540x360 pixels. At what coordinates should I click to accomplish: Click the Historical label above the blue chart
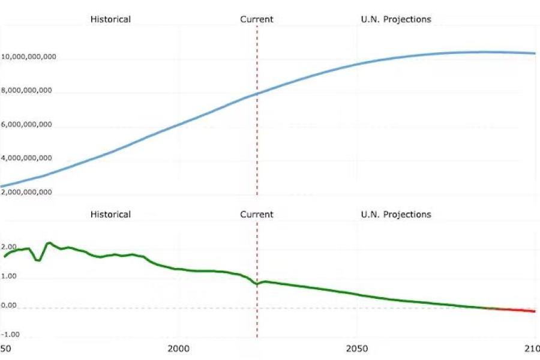point(110,19)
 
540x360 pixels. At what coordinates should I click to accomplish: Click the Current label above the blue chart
point(257,19)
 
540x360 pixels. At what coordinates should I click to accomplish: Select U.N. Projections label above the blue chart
point(396,19)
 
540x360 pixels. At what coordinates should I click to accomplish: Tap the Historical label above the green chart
point(110,214)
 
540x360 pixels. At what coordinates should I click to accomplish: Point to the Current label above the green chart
point(257,214)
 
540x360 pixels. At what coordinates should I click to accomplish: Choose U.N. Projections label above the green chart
point(396,214)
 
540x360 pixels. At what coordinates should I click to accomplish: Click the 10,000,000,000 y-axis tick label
point(29,57)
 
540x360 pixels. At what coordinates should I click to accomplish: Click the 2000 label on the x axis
point(178,349)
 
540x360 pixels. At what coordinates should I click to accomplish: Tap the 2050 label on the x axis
point(357,349)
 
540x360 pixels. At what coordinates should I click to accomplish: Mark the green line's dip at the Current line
point(257,284)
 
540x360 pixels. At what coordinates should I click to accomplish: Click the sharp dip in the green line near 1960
point(38,260)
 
